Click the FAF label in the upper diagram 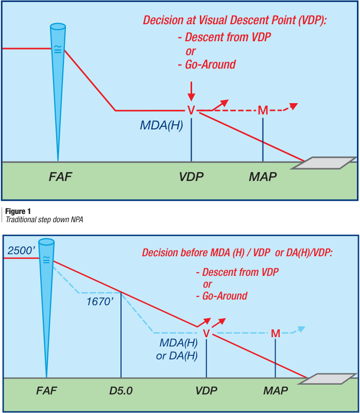tap(60, 176)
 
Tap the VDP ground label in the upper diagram tap(191, 176)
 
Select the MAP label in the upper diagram tap(263, 176)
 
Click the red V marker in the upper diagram tap(191, 110)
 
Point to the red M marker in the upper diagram tap(263, 110)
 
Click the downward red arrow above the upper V tap(191, 91)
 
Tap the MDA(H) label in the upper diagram tap(161, 125)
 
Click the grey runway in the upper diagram tap(324, 163)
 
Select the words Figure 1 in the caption tap(18, 211)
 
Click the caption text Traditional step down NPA tap(44, 220)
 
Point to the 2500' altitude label tap(21, 251)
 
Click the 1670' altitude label tap(100, 302)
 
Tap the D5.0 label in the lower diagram tap(121, 391)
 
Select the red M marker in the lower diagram tap(276, 334)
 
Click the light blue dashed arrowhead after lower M tap(302, 329)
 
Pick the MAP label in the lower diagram tap(276, 391)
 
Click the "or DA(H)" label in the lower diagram tap(177, 356)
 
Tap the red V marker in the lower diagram tap(207, 334)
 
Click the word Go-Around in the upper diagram tap(210, 64)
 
